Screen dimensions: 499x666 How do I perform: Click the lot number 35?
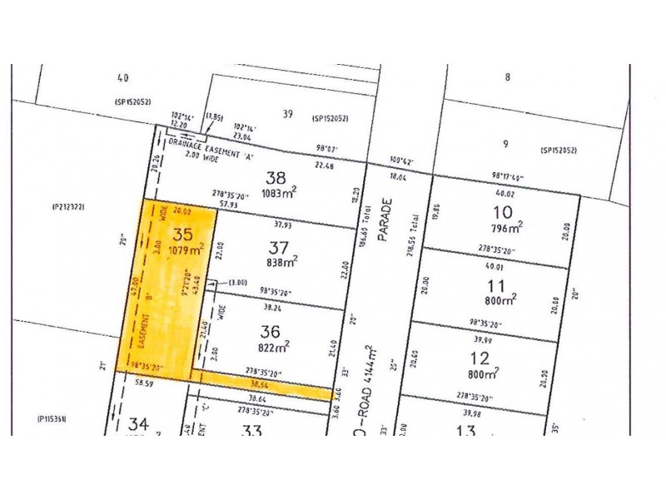(x=181, y=234)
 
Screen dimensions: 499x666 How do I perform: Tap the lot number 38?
(x=276, y=177)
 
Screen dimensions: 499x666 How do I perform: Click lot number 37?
(x=279, y=247)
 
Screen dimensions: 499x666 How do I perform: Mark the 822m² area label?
(x=276, y=344)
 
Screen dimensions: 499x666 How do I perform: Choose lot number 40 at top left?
(x=123, y=78)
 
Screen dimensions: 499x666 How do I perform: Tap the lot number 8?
(x=506, y=77)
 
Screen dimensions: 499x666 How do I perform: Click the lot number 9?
(x=505, y=144)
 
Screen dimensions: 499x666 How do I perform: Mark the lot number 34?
(x=138, y=426)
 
